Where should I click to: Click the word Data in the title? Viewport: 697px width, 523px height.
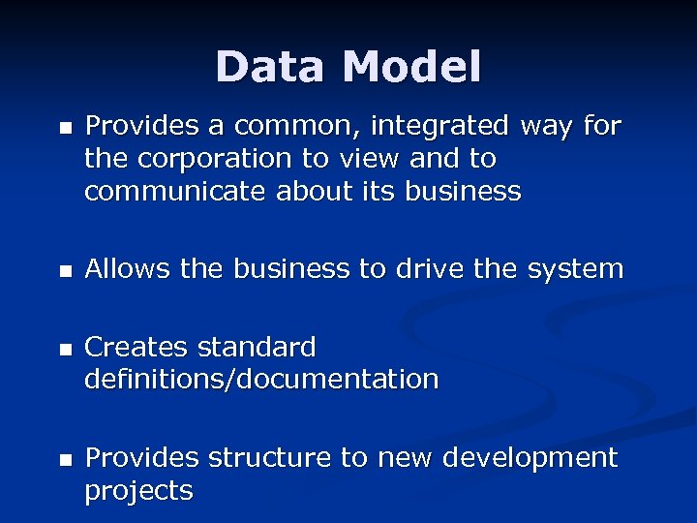click(x=272, y=67)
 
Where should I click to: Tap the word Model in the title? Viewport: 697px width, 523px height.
click(x=411, y=67)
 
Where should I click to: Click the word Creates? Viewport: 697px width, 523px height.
click(x=136, y=347)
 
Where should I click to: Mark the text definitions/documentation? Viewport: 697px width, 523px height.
click(x=261, y=380)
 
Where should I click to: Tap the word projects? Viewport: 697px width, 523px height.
click(x=138, y=491)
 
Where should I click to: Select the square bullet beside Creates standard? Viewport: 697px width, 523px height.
click(x=64, y=349)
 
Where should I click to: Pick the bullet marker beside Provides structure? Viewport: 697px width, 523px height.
click(x=64, y=459)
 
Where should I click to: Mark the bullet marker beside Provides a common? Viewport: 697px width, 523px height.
click(x=64, y=128)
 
